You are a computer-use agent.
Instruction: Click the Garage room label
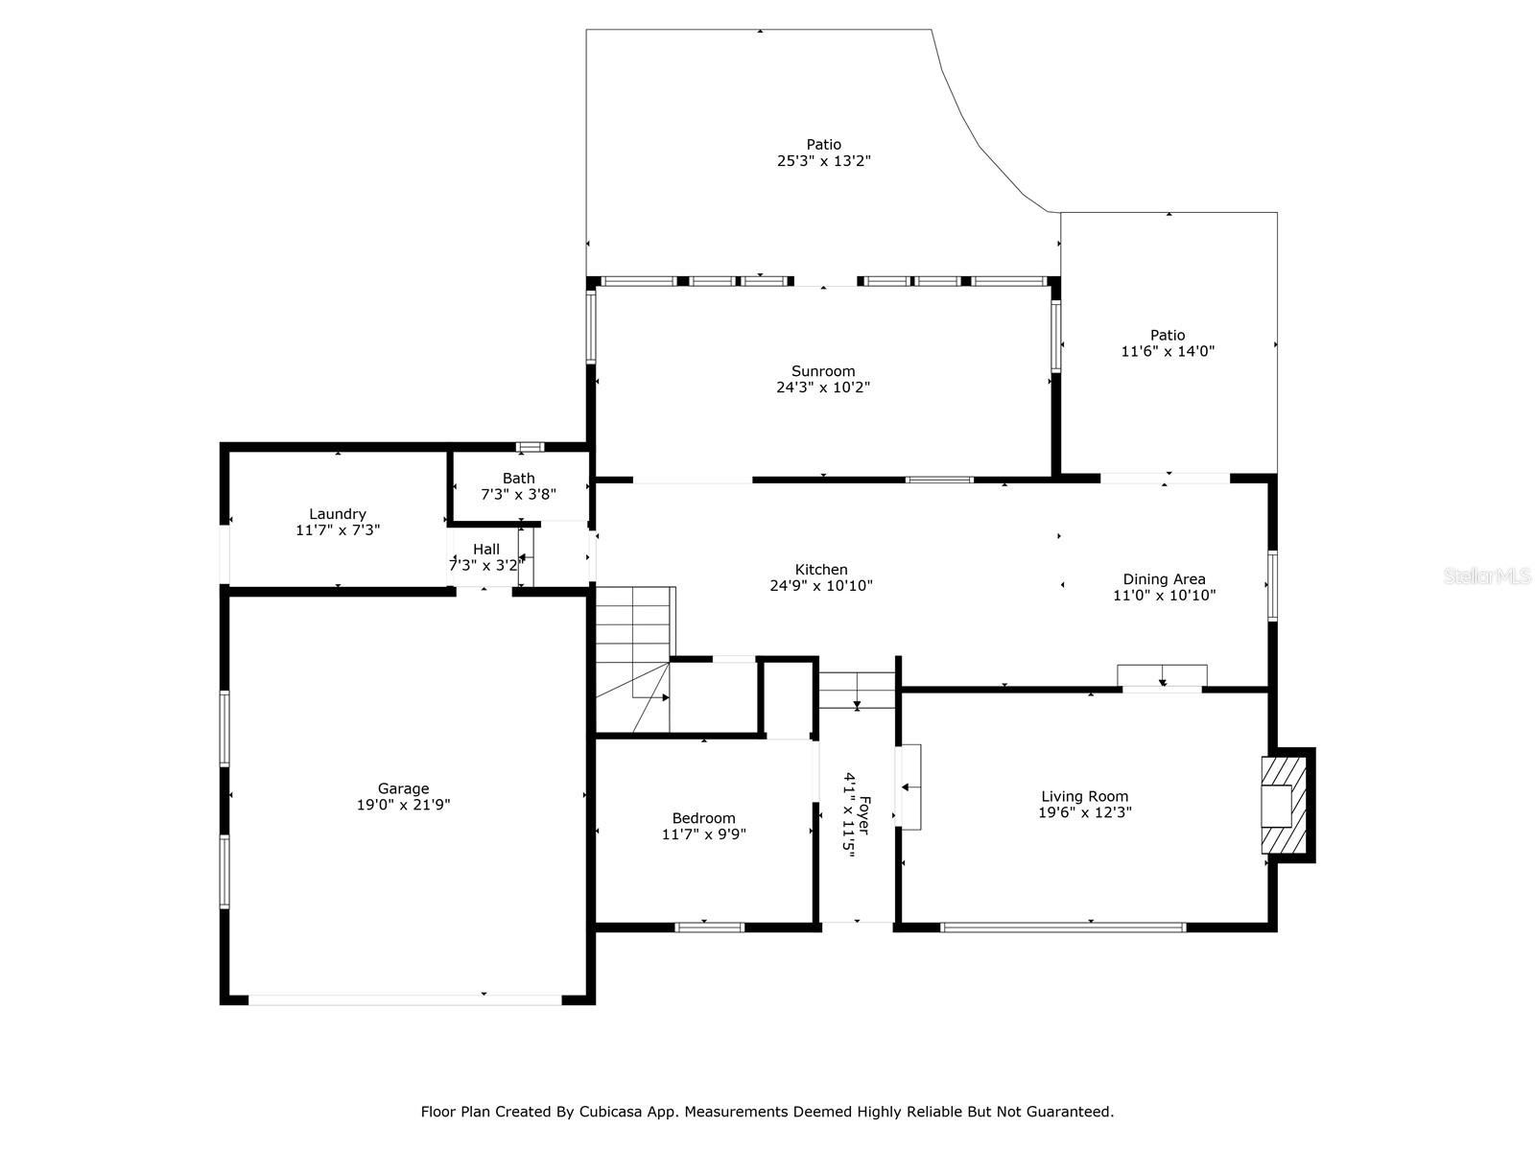click(403, 788)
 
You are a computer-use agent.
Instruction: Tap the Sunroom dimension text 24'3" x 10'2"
click(823, 388)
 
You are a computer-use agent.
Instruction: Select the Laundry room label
click(338, 513)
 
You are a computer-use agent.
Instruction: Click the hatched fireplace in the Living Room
click(1284, 806)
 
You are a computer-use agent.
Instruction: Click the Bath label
click(518, 478)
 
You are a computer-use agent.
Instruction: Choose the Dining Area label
click(1164, 578)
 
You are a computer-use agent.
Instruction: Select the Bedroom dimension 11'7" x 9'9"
click(704, 834)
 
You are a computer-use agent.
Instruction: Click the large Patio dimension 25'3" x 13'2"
click(823, 161)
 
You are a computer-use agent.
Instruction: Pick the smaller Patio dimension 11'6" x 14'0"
click(1168, 351)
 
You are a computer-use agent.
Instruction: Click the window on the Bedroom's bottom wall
click(710, 928)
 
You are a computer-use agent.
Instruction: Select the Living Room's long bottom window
click(1063, 928)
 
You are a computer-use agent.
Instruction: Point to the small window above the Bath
click(530, 447)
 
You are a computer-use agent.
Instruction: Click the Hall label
click(486, 549)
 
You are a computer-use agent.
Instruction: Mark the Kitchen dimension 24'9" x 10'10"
click(821, 585)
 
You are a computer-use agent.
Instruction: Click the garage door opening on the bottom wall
click(405, 999)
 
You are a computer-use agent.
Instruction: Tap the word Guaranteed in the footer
click(1069, 1113)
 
